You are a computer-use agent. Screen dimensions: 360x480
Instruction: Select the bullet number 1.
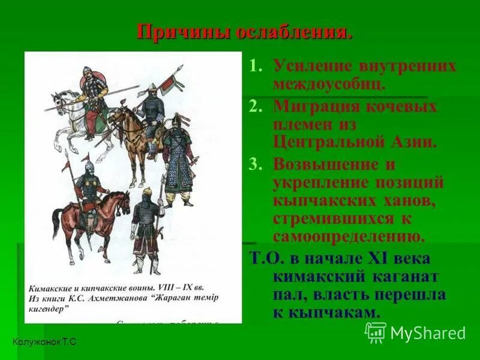[256, 65]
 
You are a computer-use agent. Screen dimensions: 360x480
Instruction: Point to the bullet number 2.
[256, 107]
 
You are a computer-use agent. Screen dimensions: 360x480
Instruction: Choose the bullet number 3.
[256, 163]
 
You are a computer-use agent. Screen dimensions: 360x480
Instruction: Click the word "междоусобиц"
[329, 83]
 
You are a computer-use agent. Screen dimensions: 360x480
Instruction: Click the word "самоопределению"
[349, 236]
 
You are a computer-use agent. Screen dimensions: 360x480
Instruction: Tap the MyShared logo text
[427, 333]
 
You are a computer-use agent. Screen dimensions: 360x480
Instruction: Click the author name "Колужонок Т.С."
[46, 341]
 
